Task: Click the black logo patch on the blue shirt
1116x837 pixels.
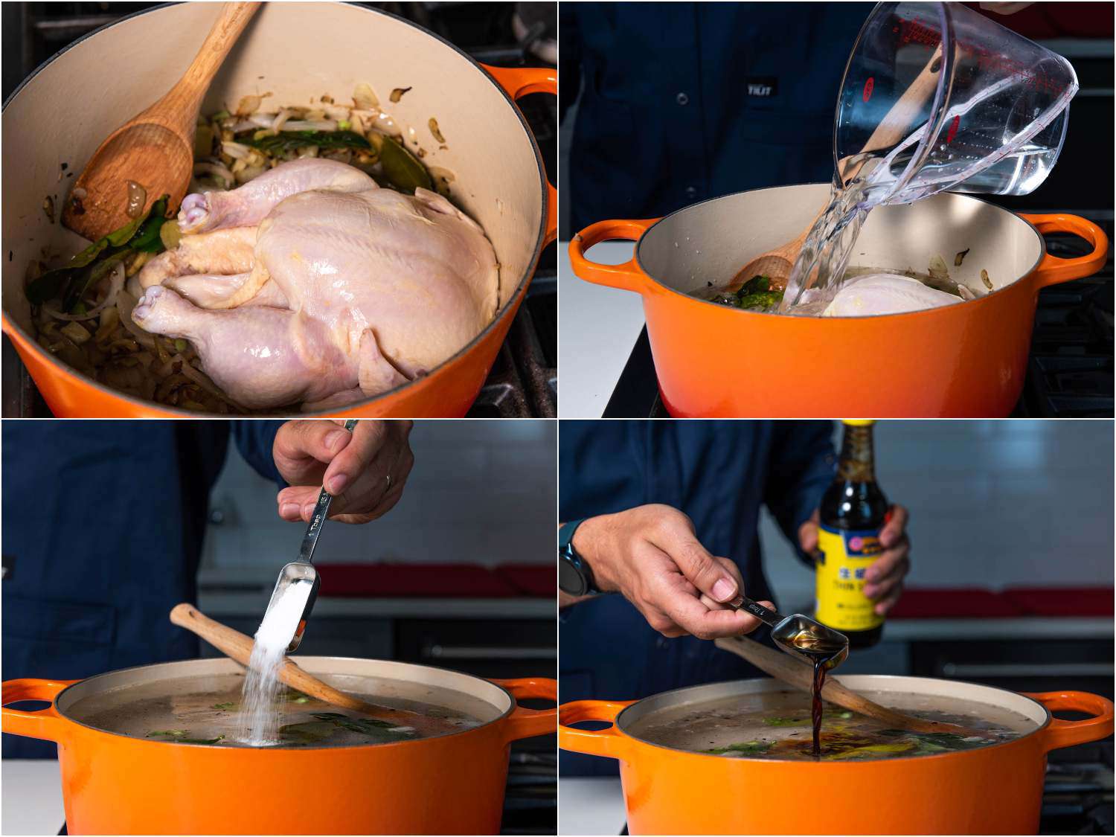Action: (760, 89)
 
